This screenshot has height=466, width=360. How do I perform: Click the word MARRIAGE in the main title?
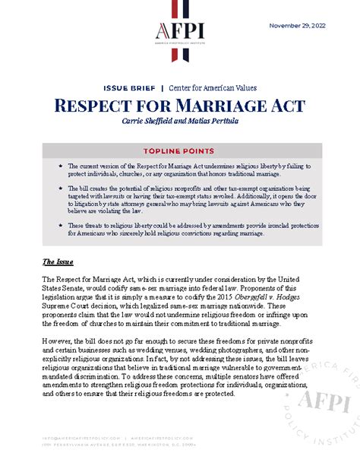pyautogui.click(x=214, y=106)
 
